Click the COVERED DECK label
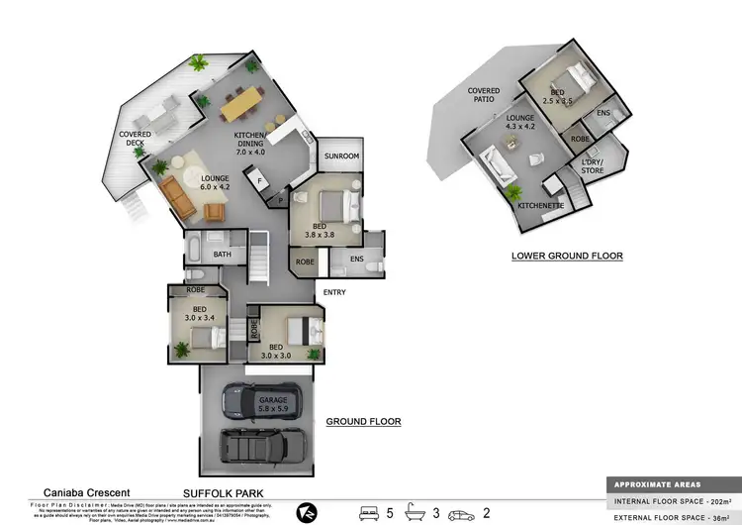point(134,139)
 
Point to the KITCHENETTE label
point(540,204)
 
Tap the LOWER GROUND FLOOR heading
point(567,256)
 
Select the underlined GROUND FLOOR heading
point(363,421)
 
